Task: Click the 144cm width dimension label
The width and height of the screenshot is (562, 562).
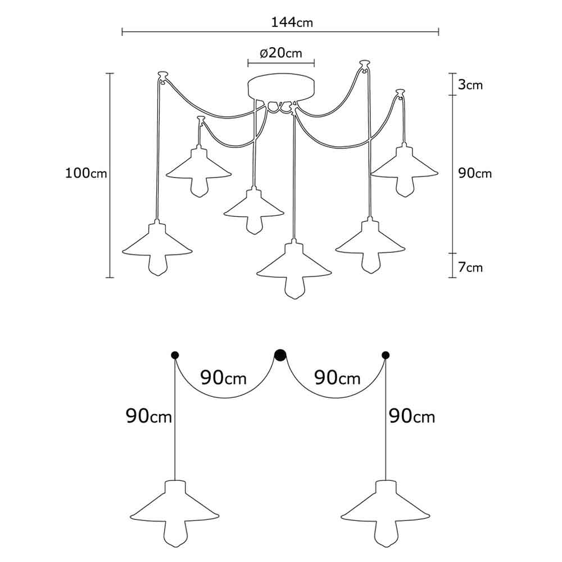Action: tap(292, 22)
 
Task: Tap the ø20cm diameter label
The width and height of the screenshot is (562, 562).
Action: tap(281, 53)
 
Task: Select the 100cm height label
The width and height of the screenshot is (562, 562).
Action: tap(86, 173)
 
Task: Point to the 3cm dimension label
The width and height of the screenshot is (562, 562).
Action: tap(470, 85)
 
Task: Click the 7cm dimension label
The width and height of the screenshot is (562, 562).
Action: tap(470, 267)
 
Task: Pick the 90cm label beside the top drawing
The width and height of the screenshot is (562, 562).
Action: tap(475, 173)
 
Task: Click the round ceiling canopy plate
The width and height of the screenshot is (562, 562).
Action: tap(281, 88)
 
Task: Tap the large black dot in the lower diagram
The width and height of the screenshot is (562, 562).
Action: tap(280, 355)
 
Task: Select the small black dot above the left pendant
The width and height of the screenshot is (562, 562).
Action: tap(175, 355)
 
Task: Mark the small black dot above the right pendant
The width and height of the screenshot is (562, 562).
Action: tap(386, 355)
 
